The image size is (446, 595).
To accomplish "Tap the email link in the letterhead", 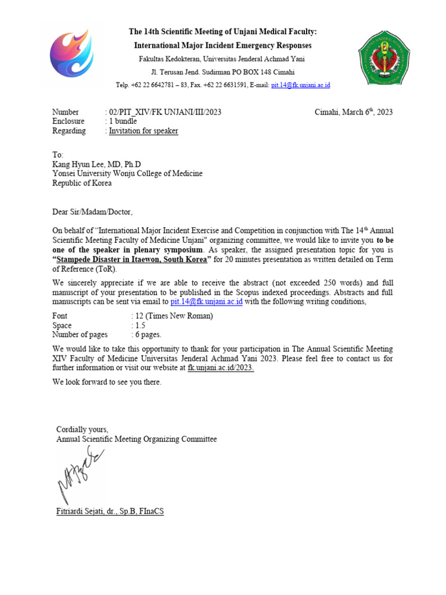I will [x=300, y=85].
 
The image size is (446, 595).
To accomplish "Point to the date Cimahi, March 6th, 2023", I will [x=353, y=112].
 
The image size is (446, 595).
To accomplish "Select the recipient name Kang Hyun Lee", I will [x=96, y=164].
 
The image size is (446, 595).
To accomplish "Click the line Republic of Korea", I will [x=82, y=183].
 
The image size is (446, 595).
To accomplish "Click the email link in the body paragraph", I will [x=206, y=302].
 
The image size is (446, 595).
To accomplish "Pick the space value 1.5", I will [x=139, y=325].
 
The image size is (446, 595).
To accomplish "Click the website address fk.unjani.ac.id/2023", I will [x=221, y=368].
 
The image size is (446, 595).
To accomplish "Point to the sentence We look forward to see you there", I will [x=107, y=382].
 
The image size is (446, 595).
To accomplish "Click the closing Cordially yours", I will [x=82, y=429].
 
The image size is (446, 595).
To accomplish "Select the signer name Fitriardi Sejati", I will [x=108, y=512].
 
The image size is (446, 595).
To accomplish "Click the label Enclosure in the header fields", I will [x=68, y=121].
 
